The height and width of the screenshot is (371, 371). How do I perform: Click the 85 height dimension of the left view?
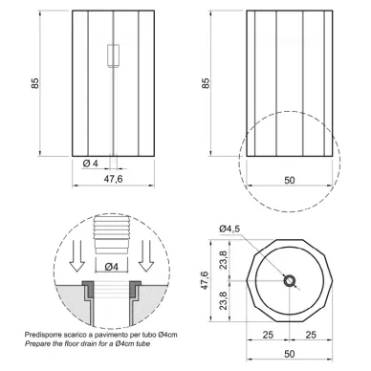coord(35,83)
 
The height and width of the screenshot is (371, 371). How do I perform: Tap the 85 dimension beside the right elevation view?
coord(206,83)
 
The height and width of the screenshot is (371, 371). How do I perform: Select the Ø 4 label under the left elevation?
coord(91,164)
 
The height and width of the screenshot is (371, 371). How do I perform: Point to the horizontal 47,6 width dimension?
coord(113,179)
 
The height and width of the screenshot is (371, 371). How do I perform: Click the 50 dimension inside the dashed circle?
coord(289,180)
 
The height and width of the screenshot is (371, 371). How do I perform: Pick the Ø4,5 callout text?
coord(229,229)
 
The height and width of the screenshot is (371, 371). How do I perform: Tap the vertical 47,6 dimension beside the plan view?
coord(205,280)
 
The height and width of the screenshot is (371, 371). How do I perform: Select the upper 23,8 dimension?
coord(224,260)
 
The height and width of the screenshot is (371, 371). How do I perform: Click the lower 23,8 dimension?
coord(224,301)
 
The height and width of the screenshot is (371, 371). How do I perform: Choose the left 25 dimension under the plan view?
coord(268,335)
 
